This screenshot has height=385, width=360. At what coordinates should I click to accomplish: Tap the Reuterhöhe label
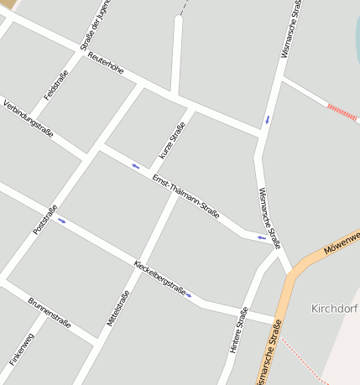point(105,63)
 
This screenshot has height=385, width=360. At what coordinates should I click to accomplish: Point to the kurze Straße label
point(171,141)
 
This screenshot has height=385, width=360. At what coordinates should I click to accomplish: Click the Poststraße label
point(44,220)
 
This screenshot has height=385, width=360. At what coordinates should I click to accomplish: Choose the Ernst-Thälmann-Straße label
point(185,196)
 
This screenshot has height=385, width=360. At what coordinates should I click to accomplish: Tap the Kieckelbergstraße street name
point(159,278)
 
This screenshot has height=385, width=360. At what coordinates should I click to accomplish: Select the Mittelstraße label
point(118,308)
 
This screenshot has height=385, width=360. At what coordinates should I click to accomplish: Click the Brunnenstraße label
point(50,312)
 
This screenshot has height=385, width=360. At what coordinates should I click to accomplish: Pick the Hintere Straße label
point(238,329)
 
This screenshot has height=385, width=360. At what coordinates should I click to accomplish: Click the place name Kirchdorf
point(335,308)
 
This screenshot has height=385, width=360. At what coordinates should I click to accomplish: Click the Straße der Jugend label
point(96,25)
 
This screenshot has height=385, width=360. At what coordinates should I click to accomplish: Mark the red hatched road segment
point(342,112)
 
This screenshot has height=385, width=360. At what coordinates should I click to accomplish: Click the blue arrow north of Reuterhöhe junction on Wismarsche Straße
point(268,119)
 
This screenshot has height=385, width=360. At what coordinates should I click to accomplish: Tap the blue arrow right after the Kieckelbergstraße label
point(190,294)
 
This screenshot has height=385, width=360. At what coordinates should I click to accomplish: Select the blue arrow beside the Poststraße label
point(61,221)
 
